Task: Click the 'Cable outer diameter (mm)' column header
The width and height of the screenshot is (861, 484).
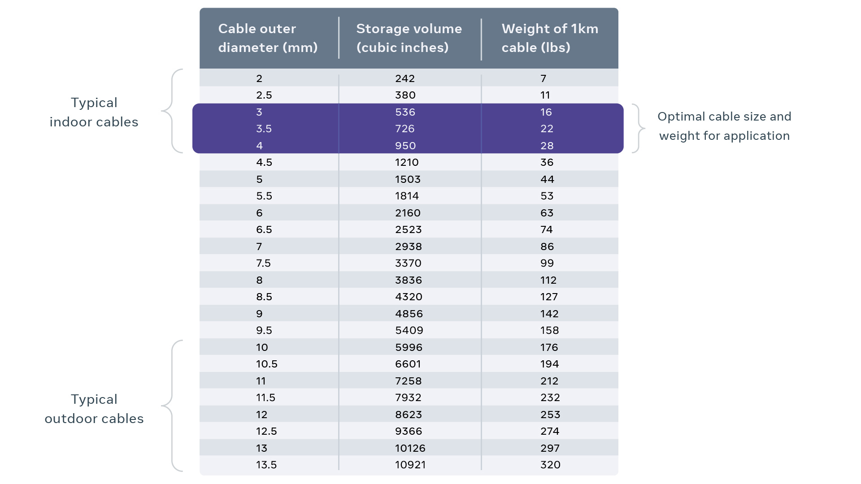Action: pyautogui.click(x=268, y=38)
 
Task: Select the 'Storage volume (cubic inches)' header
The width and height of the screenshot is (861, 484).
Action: pyautogui.click(x=409, y=38)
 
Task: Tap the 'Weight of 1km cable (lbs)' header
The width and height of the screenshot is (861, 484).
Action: pyautogui.click(x=549, y=38)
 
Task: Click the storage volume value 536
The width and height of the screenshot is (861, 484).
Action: pyautogui.click(x=405, y=112)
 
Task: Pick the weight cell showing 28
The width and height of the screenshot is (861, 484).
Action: pyautogui.click(x=547, y=146)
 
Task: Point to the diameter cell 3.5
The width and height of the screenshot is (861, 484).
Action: pyautogui.click(x=264, y=129)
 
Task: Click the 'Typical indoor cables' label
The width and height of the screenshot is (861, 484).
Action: pyautogui.click(x=94, y=112)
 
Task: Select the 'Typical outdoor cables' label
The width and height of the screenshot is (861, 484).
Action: pyautogui.click(x=94, y=409)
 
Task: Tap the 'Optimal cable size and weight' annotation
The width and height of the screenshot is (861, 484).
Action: pyautogui.click(x=724, y=126)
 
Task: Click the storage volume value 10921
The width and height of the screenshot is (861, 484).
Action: pyautogui.click(x=410, y=465)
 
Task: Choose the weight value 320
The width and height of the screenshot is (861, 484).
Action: pyautogui.click(x=550, y=465)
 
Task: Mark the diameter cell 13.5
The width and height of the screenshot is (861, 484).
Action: pyautogui.click(x=266, y=465)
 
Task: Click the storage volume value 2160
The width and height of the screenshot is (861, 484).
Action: pyautogui.click(x=408, y=213)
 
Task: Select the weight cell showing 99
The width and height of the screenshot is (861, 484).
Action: pyautogui.click(x=547, y=263)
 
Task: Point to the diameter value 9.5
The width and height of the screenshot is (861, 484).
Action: pyautogui.click(x=264, y=330)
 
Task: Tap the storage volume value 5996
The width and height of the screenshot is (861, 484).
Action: pyautogui.click(x=409, y=347)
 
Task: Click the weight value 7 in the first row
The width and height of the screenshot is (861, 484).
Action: pyautogui.click(x=543, y=78)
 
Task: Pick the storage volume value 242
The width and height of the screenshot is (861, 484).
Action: pyautogui.click(x=404, y=78)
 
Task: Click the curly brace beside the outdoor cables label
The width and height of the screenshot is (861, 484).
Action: pyautogui.click(x=173, y=406)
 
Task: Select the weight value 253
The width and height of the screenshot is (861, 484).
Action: pyautogui.click(x=550, y=415)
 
